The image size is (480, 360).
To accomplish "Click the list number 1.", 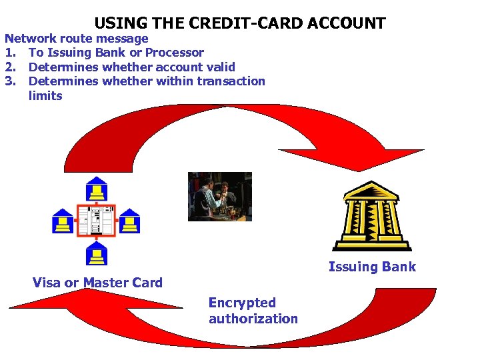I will (10, 52).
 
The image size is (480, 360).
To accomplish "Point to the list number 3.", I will (10, 81).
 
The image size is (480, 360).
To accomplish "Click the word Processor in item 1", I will (175, 52).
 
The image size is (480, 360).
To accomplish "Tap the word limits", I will (45, 96).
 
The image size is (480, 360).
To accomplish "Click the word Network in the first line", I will (30, 38).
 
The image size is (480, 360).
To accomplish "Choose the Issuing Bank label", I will (372, 267).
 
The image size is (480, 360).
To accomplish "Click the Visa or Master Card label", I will (97, 283).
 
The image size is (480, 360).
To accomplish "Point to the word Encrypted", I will (242, 303).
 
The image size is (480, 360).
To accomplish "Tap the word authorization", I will (253, 319).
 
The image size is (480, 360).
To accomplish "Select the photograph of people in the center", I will (220, 196).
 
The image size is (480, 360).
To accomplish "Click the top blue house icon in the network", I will (97, 190).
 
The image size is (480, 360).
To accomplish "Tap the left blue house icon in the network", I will (63, 221).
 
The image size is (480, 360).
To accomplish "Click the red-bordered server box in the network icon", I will (97, 221).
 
